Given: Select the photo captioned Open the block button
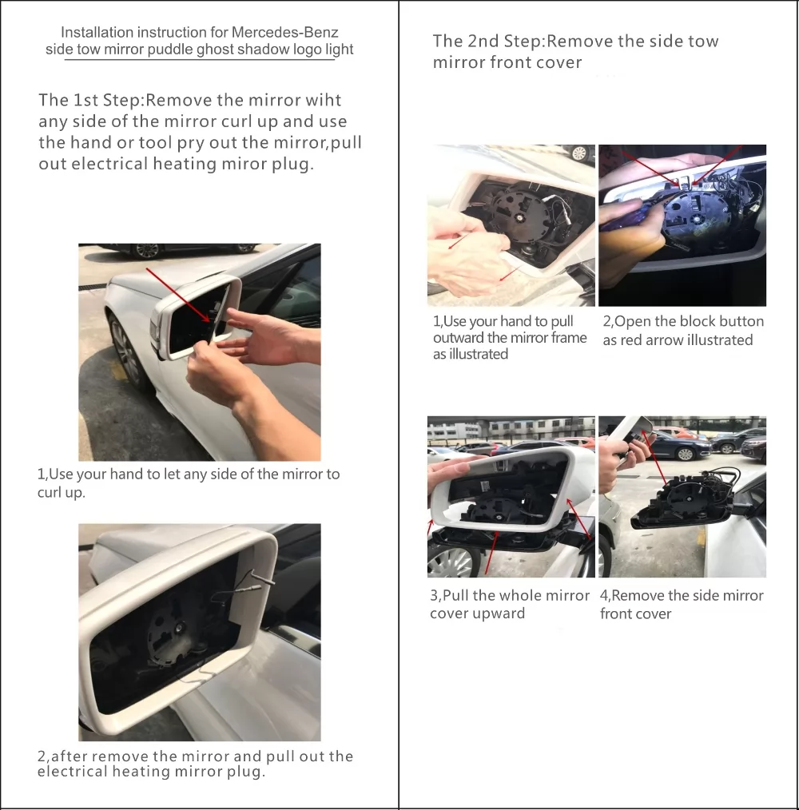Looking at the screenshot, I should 682,225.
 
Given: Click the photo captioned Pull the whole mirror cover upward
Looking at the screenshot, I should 511,496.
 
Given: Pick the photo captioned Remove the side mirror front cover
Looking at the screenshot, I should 682,496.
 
